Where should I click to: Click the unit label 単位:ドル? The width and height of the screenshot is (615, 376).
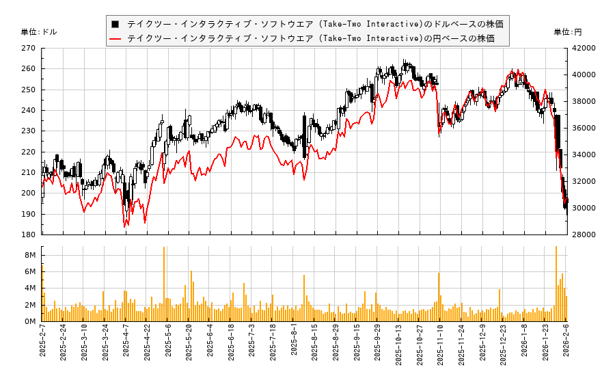point(39,32)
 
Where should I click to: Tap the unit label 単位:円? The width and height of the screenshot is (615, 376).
point(567,32)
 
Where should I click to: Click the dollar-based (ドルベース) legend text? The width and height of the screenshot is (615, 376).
point(315,24)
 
